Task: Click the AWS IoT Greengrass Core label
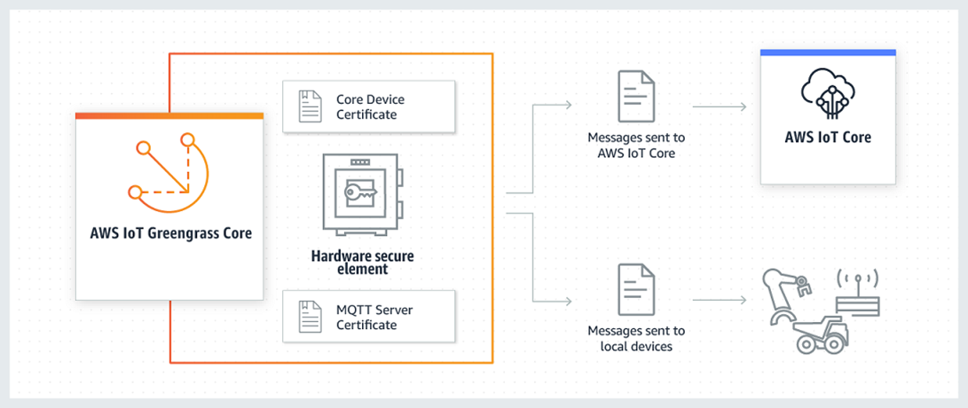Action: [170, 234]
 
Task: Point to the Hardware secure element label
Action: [362, 263]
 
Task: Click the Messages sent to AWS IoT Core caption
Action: [635, 145]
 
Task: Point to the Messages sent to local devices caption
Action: [635, 339]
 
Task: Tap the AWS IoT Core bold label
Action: [827, 137]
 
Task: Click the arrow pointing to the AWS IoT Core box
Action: [719, 107]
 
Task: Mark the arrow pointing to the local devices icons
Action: [719, 301]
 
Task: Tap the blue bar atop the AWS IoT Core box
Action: [827, 53]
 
